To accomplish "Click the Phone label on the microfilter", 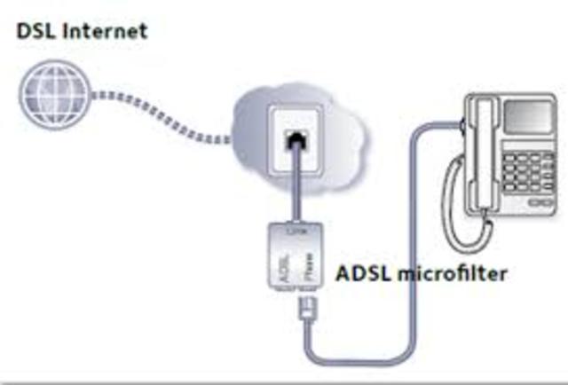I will pyautogui.click(x=306, y=271).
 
